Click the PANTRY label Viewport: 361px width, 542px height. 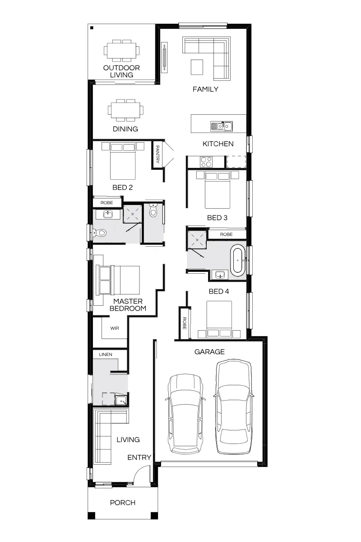click(157, 154)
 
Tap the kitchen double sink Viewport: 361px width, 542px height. click(222, 126)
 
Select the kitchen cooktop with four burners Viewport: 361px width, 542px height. click(206, 162)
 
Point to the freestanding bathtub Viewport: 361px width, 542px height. click(238, 260)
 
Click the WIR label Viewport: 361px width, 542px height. click(115, 328)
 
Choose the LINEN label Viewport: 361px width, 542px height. click(106, 355)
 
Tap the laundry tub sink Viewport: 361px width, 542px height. click(121, 401)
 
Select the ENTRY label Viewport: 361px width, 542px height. click(139, 457)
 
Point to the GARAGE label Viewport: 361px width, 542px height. click(209, 351)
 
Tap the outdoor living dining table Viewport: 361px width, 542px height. click(121, 51)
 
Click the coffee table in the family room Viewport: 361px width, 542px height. click(197, 67)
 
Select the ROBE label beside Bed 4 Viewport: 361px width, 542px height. click(184, 323)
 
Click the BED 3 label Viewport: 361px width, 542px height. click(217, 218)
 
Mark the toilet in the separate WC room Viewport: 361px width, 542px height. click(153, 210)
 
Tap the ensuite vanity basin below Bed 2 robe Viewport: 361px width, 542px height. click(107, 214)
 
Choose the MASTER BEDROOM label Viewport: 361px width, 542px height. click(128, 304)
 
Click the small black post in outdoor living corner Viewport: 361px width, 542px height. click(92, 28)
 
